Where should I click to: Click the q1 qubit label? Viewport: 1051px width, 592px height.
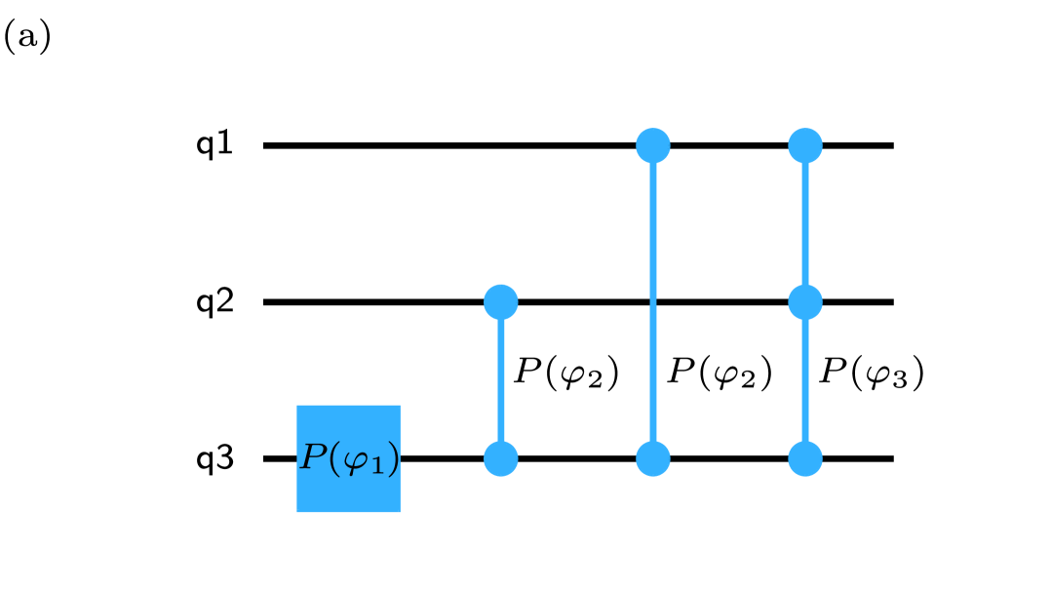tap(214, 144)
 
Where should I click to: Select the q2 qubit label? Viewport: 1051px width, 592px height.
tap(214, 302)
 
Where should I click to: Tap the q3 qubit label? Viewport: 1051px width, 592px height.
tap(214, 458)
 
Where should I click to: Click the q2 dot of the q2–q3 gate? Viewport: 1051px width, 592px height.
tap(501, 302)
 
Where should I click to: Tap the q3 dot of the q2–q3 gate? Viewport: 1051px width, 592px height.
tap(501, 458)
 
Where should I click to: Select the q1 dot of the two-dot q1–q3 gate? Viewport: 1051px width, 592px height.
tap(653, 145)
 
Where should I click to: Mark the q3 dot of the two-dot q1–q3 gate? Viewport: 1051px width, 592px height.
tap(653, 458)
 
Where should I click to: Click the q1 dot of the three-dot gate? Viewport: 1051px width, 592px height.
tap(805, 145)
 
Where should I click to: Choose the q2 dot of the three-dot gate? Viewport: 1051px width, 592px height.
tap(805, 302)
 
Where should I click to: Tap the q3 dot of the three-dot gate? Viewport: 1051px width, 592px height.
tap(805, 458)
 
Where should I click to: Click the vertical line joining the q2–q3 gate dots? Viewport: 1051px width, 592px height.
tap(501, 380)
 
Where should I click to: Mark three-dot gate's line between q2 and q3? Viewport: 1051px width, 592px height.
tap(805, 380)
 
